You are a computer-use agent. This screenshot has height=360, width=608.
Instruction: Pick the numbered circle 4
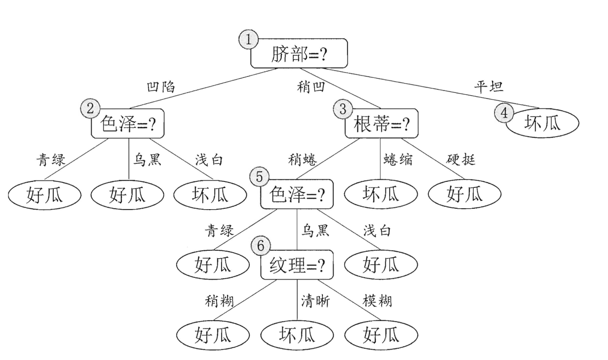point(503,113)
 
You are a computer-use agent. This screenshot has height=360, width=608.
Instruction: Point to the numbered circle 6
point(261,246)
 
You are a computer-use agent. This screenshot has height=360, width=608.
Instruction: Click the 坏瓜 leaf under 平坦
point(542,124)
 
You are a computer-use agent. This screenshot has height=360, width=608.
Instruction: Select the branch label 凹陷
point(161,87)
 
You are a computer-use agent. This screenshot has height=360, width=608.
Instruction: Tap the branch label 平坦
point(489,87)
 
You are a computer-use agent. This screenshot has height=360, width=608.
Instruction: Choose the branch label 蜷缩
point(397,160)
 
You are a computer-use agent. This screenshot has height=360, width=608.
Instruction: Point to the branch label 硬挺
point(461,160)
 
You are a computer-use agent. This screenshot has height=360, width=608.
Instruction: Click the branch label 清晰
point(315,302)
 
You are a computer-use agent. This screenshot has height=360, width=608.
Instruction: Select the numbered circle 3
point(343,109)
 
